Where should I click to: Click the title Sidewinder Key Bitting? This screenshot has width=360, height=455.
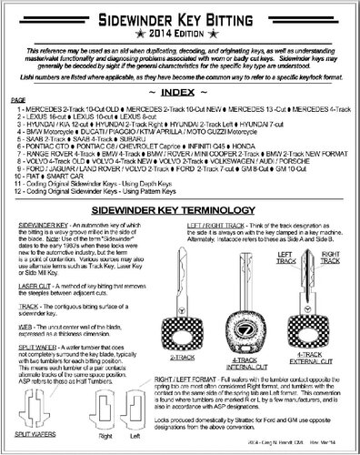[179, 15]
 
